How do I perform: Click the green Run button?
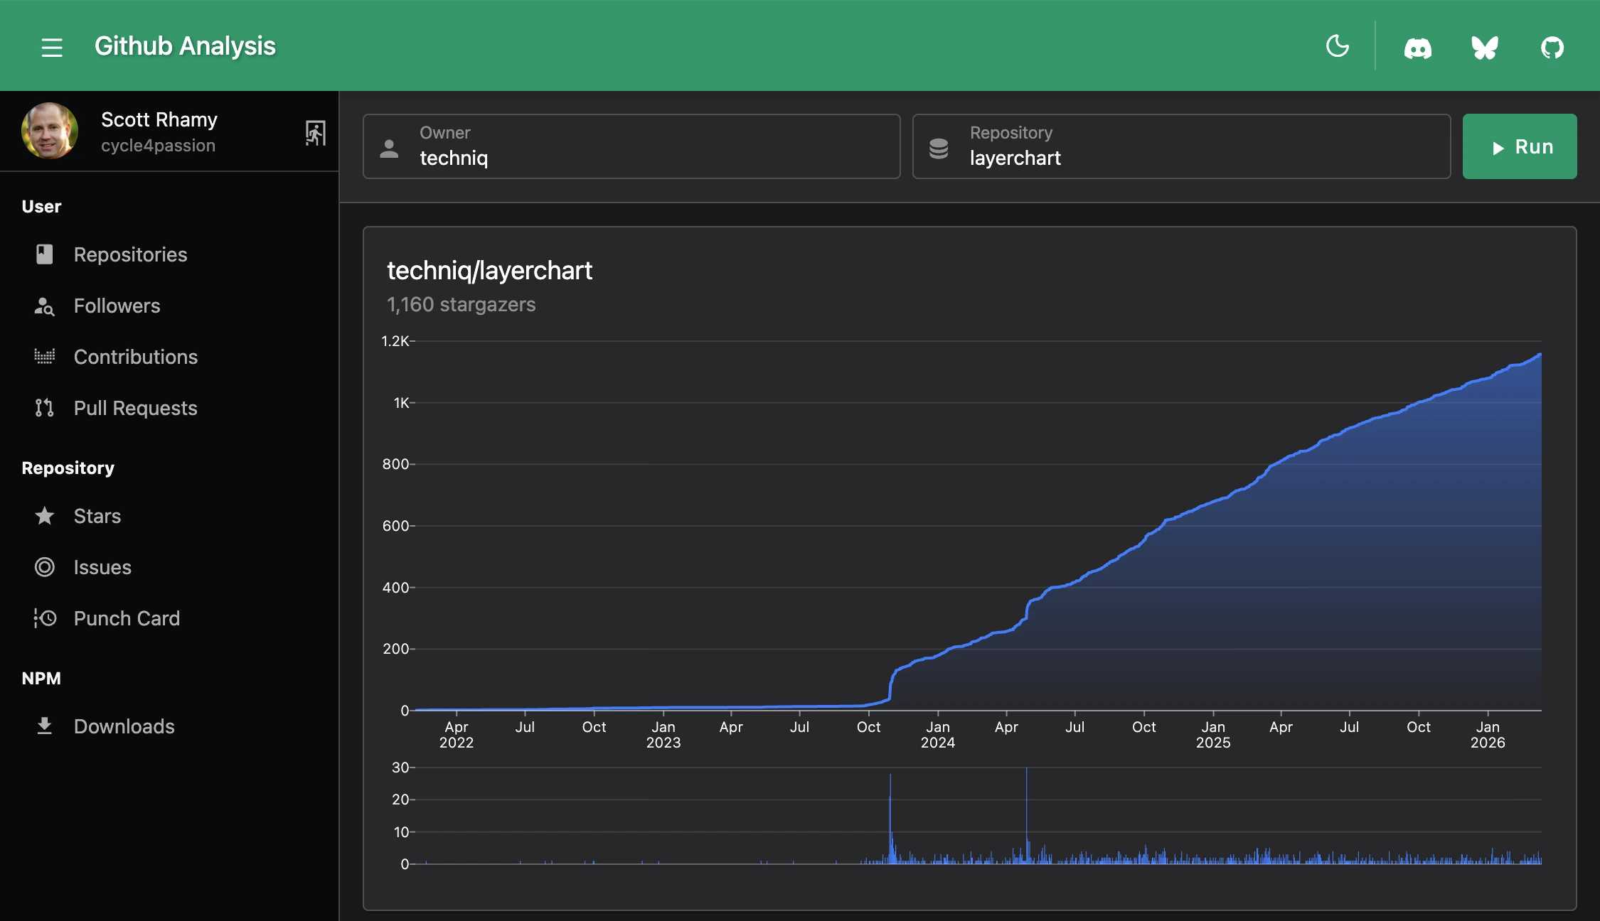coord(1519,146)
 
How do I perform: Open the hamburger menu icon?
coord(52,48)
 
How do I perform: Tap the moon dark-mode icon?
coord(1337,46)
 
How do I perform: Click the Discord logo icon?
coord(1417,48)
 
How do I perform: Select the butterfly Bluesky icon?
coord(1485,48)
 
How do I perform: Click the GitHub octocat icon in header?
coord(1552,48)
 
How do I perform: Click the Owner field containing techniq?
coord(631,146)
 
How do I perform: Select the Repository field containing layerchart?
coord(1180,146)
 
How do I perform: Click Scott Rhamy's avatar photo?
coord(50,131)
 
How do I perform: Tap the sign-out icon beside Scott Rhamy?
coord(315,133)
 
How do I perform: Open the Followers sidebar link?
coord(117,306)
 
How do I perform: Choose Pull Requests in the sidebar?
coord(135,408)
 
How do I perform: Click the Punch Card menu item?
coord(127,618)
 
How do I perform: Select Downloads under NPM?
coord(124,726)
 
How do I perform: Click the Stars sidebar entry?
coord(97,516)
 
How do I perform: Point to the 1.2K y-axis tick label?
coord(395,341)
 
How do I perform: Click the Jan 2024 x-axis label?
coord(937,734)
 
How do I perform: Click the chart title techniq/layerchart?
coord(489,271)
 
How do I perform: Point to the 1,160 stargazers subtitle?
coord(461,304)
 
